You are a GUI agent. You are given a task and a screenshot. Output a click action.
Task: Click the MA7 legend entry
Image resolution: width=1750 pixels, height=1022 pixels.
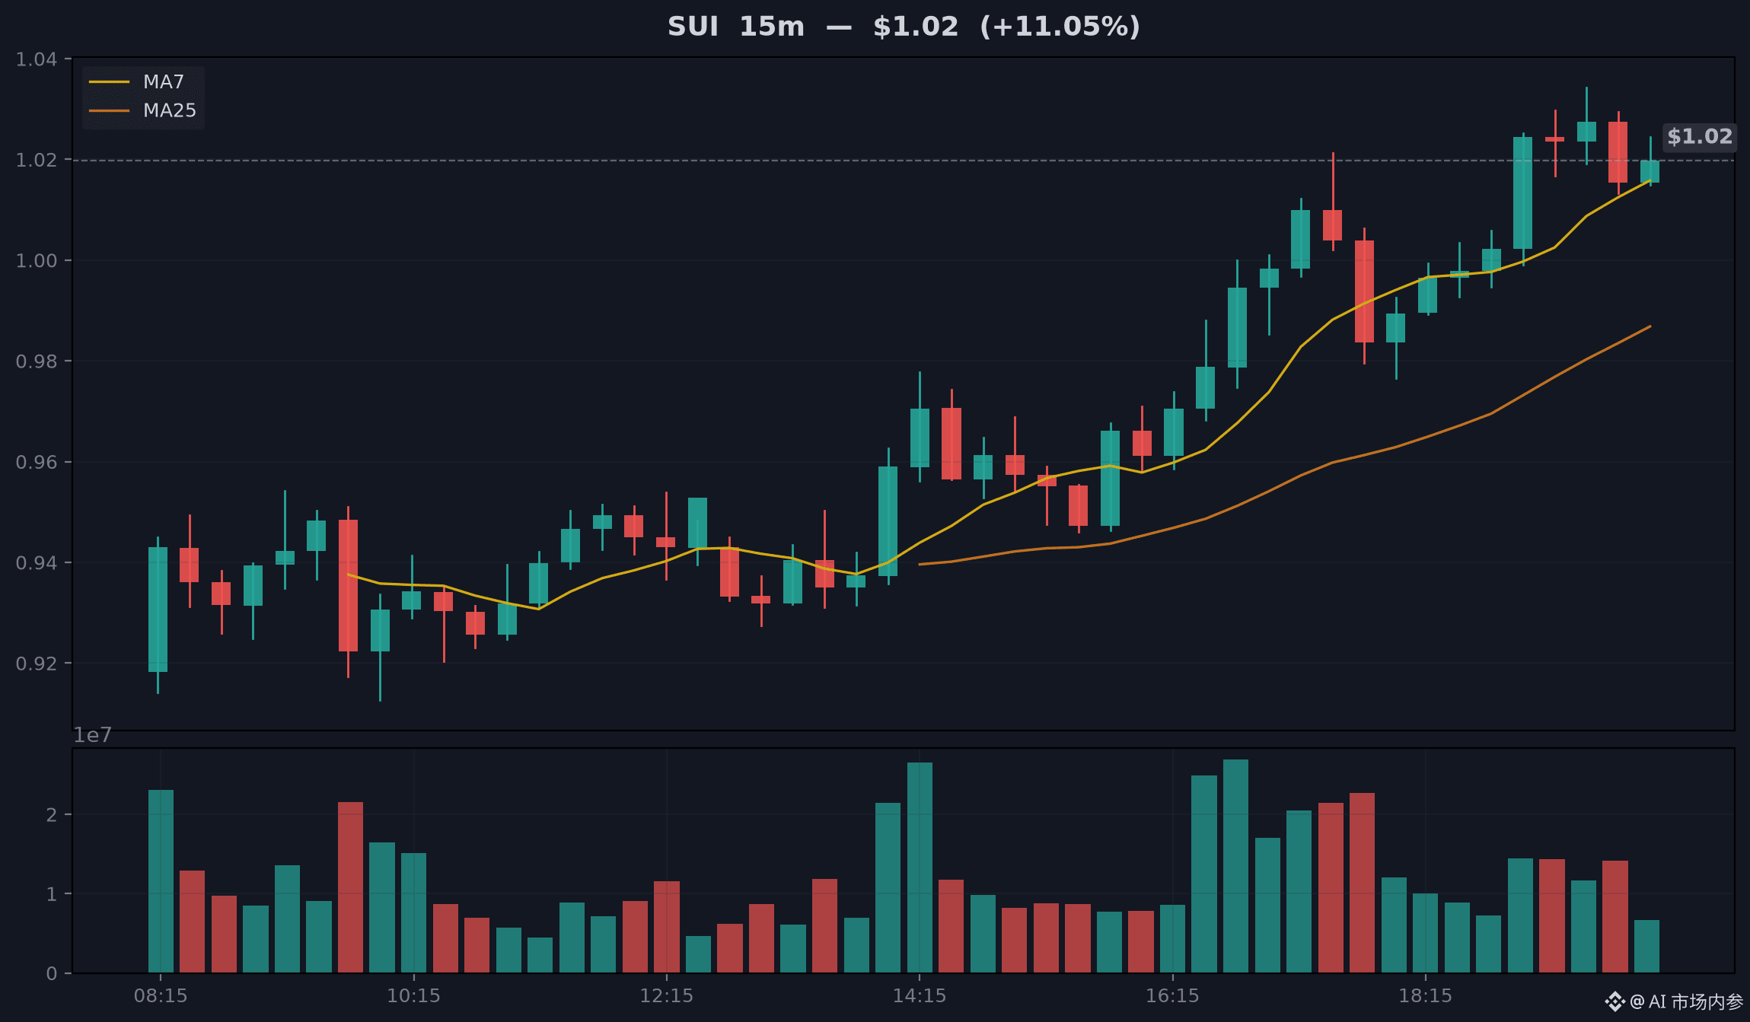click(137, 81)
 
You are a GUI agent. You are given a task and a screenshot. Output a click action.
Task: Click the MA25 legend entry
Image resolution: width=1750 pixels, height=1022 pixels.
click(142, 110)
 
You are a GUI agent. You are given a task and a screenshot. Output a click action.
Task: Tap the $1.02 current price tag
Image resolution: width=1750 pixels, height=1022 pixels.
click(1700, 137)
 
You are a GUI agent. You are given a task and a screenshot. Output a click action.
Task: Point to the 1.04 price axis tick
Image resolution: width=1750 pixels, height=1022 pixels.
click(37, 59)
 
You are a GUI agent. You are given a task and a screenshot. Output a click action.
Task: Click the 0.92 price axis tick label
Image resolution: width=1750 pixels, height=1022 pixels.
click(37, 663)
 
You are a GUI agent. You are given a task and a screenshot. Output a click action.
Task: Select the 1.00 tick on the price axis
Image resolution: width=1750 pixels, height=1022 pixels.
click(37, 260)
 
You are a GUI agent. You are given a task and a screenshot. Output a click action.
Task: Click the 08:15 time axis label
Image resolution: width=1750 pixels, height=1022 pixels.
click(161, 995)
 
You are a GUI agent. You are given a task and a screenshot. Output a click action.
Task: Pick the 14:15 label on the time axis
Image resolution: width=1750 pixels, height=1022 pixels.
click(920, 995)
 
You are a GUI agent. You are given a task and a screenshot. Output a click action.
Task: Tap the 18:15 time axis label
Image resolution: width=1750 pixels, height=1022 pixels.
click(1426, 995)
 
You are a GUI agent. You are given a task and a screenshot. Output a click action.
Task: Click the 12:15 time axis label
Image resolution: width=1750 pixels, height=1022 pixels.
click(667, 995)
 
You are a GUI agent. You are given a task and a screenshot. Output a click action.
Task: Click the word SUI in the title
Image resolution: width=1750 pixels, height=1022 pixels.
click(693, 27)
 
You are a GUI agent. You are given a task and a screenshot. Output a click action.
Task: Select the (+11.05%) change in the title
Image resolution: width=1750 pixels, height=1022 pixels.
click(1060, 27)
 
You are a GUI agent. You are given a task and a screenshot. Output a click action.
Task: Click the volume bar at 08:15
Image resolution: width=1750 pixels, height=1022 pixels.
click(161, 881)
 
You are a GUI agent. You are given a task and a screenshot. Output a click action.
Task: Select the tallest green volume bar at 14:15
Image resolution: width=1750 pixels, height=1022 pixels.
click(920, 868)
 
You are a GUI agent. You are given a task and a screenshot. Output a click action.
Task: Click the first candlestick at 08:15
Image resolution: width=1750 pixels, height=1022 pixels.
click(158, 615)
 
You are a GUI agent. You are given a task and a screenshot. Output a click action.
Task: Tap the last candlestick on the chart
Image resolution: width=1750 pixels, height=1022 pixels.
click(1650, 161)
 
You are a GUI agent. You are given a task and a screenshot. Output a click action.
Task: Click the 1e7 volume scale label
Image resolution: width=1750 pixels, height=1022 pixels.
click(92, 735)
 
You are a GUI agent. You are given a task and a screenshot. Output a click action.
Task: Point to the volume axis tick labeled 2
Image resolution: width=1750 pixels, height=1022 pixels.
click(51, 814)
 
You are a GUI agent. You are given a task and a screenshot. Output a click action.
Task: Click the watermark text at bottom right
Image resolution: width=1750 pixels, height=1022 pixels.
click(1674, 1001)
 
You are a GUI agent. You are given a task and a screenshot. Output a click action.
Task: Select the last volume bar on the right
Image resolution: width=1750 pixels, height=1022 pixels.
click(1646, 946)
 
